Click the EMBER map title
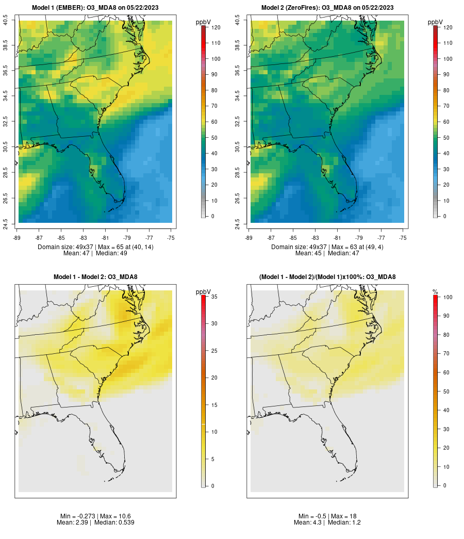pos(95,7)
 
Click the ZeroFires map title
pos(327,7)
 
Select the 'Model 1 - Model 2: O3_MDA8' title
pos(95,277)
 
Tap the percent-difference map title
pos(327,277)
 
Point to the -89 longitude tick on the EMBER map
pos(17,238)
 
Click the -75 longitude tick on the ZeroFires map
pos(403,238)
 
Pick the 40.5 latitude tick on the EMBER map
pos(6,21)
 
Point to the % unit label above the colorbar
pos(435,292)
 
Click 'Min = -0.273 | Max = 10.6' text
pos(95,516)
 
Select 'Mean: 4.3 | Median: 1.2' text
pos(327,522)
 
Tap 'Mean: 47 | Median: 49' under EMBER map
pos(95,253)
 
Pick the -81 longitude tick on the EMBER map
pos(105,238)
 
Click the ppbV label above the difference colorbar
pos(203,292)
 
